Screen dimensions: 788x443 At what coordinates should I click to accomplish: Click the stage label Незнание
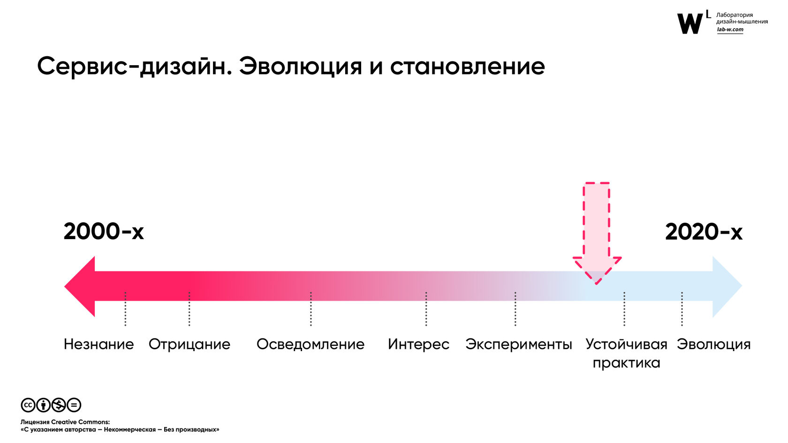pyautogui.click(x=99, y=344)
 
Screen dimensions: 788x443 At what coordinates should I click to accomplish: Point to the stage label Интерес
pyautogui.click(x=418, y=345)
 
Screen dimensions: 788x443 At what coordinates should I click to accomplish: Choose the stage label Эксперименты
pyautogui.click(x=519, y=345)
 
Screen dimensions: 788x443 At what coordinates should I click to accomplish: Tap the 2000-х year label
pyautogui.click(x=104, y=232)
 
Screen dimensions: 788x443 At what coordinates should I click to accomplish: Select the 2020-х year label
pyautogui.click(x=704, y=232)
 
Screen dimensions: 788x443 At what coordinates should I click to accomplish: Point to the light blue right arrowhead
pyautogui.click(x=727, y=286)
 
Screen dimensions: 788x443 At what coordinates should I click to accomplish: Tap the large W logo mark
pyautogui.click(x=690, y=23)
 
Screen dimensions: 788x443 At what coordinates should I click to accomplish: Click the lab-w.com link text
pyautogui.click(x=730, y=30)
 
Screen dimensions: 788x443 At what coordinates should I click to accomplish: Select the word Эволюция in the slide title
pyautogui.click(x=300, y=67)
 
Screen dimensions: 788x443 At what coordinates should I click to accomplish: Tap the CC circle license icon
pyautogui.click(x=28, y=405)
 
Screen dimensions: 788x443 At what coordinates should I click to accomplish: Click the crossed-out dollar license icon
pyautogui.click(x=58, y=405)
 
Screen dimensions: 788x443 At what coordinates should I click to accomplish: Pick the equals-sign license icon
pyautogui.click(x=74, y=405)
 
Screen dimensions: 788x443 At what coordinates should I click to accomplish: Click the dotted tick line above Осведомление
pyautogui.click(x=311, y=308)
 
